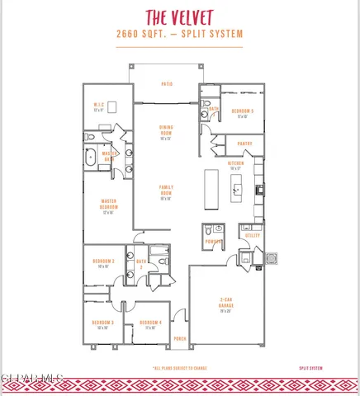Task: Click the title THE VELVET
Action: (x=179, y=17)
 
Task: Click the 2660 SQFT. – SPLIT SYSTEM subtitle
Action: (x=179, y=35)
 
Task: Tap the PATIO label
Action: (x=166, y=84)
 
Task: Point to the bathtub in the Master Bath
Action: (x=91, y=158)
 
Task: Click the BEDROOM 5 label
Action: (x=243, y=111)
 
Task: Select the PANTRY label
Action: (x=244, y=144)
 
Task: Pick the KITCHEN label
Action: (x=235, y=165)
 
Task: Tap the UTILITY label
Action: (x=252, y=235)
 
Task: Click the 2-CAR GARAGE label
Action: (x=225, y=305)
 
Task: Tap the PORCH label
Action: (x=180, y=339)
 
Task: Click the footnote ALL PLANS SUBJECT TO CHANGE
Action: (x=179, y=367)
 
